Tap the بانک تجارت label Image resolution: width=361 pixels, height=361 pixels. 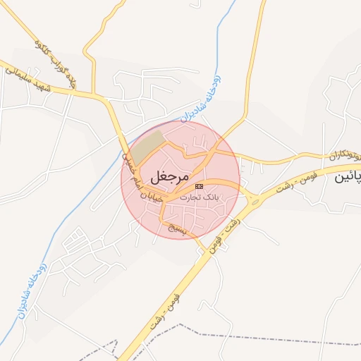click(200, 197)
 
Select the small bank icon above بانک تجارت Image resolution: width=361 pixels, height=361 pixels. click(199, 185)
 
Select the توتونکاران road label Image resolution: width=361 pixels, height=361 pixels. click(341, 154)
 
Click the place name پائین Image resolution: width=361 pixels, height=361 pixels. click(348, 178)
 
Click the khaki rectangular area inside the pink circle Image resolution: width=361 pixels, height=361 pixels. click(148, 145)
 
